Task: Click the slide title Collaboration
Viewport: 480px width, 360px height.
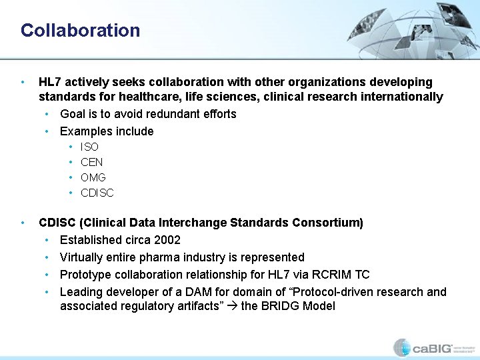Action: tap(80, 31)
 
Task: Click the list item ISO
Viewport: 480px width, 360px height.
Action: tap(89, 147)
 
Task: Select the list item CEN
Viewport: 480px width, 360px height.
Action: tap(91, 162)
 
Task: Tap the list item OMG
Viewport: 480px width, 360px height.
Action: tap(93, 177)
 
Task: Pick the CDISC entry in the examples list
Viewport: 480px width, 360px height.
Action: tap(97, 193)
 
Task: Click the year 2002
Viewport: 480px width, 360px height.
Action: tap(167, 240)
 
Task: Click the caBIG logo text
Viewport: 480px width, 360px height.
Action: tap(431, 347)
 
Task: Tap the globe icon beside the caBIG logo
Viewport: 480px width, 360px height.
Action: tap(401, 347)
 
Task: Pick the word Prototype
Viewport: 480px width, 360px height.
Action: tap(86, 275)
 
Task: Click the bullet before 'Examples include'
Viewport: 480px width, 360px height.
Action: tap(47, 131)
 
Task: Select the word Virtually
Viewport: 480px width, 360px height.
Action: tap(83, 257)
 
